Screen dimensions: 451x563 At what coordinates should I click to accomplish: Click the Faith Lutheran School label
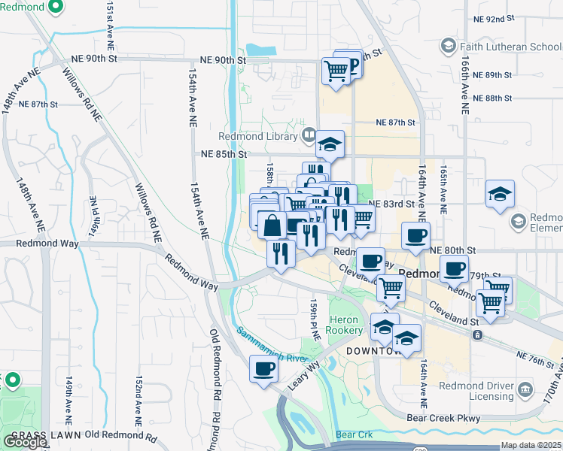click(x=509, y=46)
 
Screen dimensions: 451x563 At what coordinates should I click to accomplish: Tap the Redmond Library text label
click(x=258, y=136)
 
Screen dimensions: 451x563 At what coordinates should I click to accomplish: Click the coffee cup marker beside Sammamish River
click(x=264, y=368)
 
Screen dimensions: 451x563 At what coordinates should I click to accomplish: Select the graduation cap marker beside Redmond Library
click(x=330, y=145)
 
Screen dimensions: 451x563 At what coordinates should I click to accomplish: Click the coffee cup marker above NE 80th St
click(x=415, y=236)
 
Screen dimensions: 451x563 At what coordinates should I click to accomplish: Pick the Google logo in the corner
click(x=25, y=442)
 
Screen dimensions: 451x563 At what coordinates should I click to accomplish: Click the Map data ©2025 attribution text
click(x=531, y=445)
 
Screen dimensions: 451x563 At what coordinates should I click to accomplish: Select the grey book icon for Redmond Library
click(x=308, y=136)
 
